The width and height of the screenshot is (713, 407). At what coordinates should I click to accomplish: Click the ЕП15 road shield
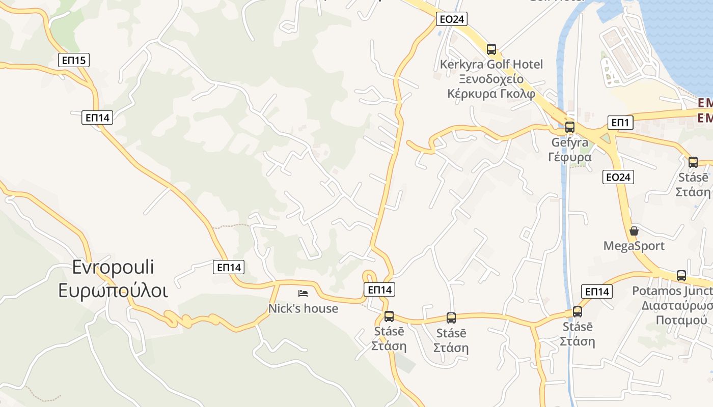click(x=74, y=61)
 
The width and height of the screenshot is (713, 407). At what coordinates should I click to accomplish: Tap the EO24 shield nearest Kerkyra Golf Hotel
click(x=452, y=19)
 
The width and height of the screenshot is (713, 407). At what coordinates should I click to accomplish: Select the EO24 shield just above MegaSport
click(x=618, y=177)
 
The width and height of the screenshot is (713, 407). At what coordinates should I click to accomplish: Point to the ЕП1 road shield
click(x=620, y=123)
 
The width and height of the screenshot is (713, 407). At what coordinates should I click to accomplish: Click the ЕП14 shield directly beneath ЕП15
click(x=97, y=118)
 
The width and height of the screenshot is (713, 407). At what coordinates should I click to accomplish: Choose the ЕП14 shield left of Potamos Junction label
click(x=597, y=292)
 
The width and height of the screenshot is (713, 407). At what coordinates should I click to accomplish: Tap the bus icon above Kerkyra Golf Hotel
click(x=491, y=49)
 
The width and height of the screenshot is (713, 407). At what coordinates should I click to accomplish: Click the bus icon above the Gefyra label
click(x=570, y=127)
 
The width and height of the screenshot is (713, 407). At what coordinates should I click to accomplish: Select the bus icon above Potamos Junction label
click(x=681, y=276)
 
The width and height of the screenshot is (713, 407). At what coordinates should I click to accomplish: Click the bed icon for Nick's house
click(x=303, y=294)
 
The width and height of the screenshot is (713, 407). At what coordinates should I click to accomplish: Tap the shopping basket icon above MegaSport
click(x=634, y=231)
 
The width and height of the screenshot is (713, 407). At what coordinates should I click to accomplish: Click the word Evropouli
click(x=113, y=267)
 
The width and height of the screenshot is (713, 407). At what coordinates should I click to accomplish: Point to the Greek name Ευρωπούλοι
click(x=113, y=290)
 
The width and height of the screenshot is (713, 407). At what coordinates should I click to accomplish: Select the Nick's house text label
click(x=303, y=308)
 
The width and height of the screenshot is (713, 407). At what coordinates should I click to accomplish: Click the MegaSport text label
click(x=634, y=246)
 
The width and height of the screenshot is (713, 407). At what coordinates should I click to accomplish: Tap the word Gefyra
click(x=570, y=142)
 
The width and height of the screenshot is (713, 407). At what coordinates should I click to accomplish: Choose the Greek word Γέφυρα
click(x=570, y=157)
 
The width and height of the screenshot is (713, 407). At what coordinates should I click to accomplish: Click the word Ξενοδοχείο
click(x=491, y=79)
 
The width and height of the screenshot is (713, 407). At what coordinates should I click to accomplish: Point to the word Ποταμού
click(x=681, y=321)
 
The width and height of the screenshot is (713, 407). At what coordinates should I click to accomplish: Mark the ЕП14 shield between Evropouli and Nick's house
click(x=229, y=267)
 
